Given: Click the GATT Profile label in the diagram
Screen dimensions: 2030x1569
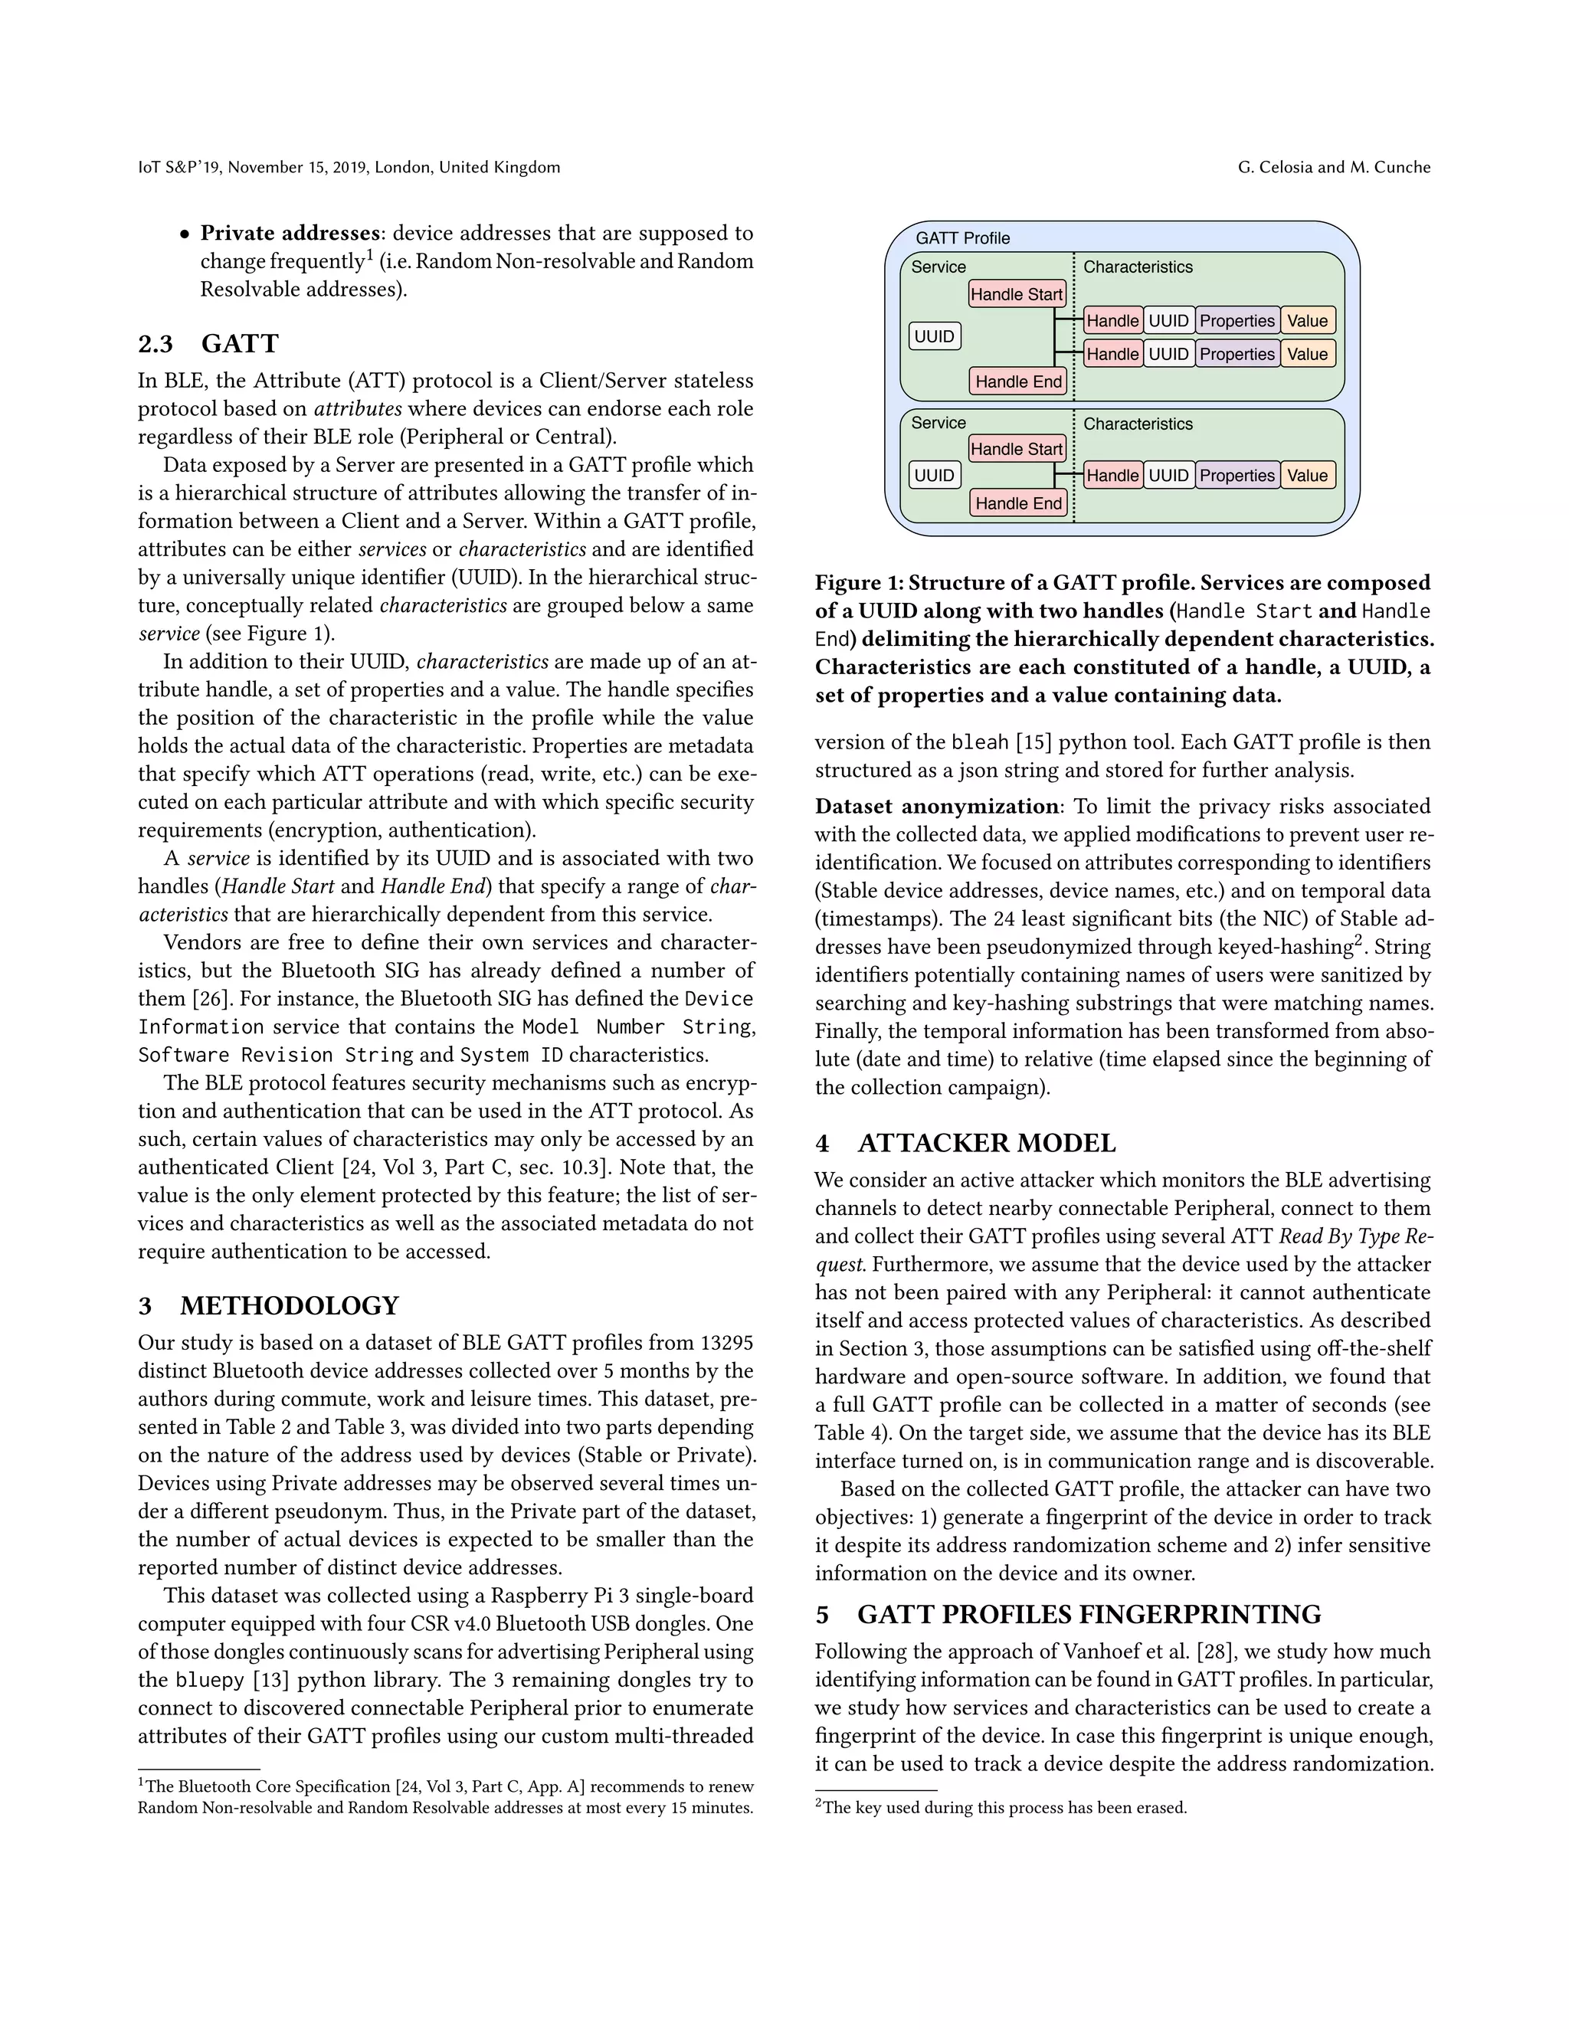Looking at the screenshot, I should [962, 238].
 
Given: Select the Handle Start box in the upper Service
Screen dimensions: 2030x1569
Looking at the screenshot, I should [1016, 295].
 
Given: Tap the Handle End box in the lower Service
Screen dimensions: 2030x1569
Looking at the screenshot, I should [1018, 503].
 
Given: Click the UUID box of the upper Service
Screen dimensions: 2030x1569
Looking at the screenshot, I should [934, 336].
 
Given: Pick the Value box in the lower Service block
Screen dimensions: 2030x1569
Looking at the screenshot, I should [1307, 475].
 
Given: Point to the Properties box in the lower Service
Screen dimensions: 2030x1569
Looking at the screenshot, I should [1237, 475].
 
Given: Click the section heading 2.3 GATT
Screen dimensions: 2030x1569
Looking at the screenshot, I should [208, 344].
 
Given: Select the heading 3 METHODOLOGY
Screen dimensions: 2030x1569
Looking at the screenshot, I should [269, 1306].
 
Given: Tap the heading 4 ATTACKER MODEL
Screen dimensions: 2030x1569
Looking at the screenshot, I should [966, 1143].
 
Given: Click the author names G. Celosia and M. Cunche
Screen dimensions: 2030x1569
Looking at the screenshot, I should [1334, 167].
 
